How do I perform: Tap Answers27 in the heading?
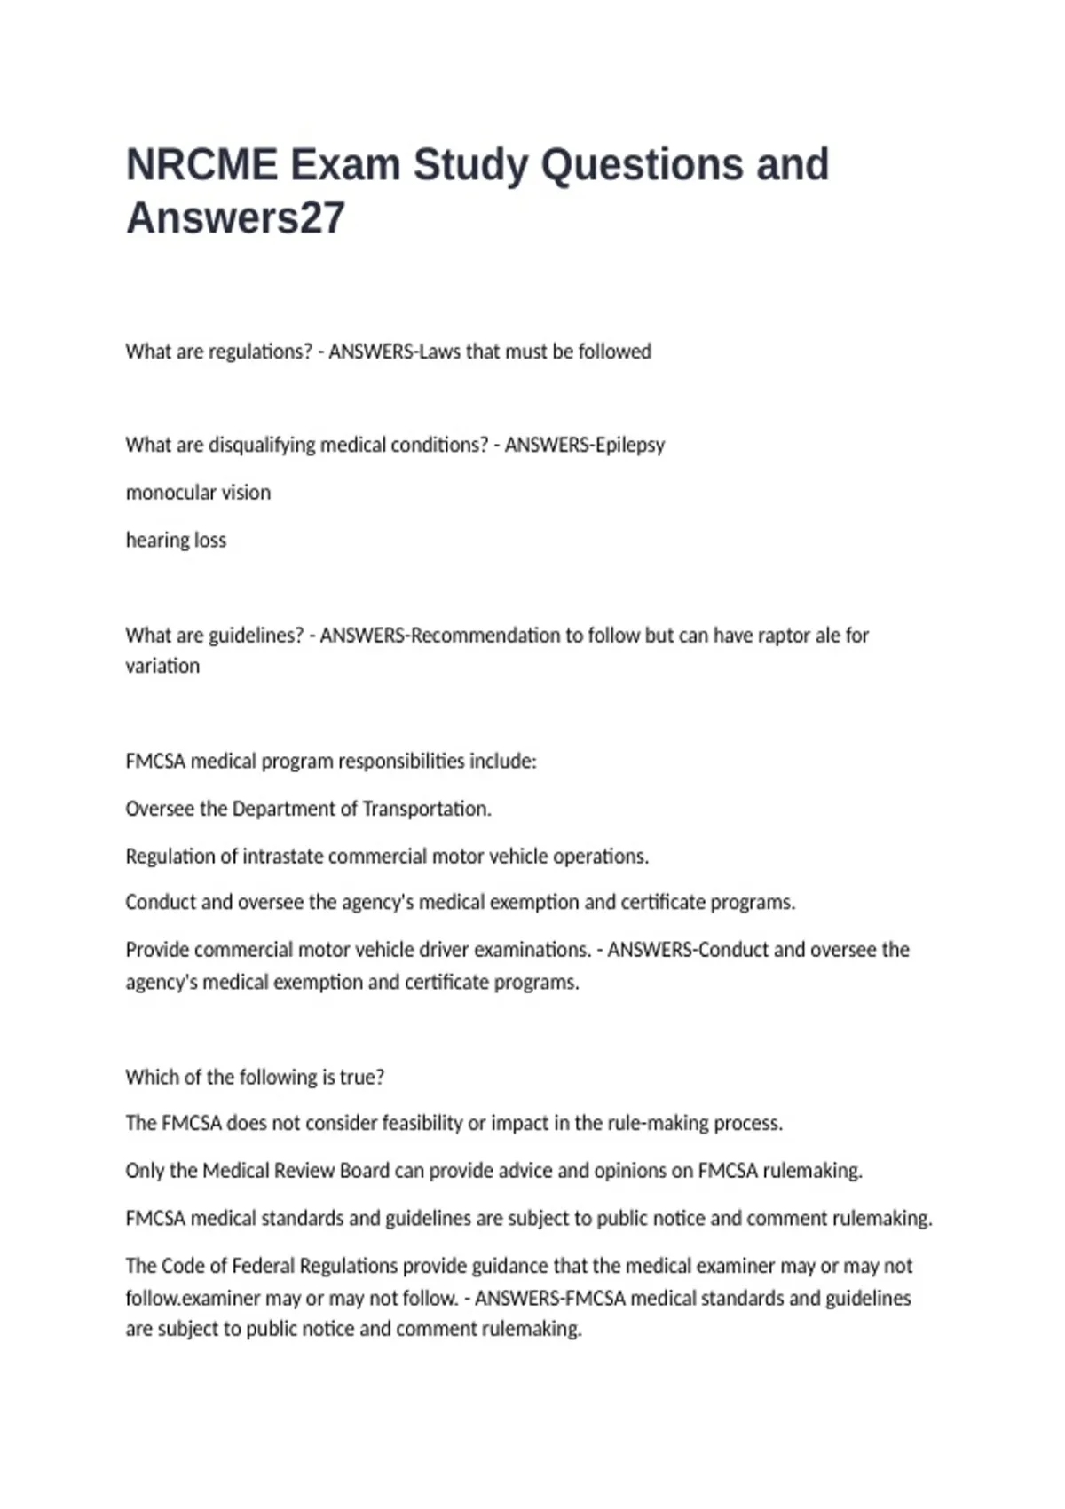[235, 218]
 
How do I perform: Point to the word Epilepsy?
[630, 445]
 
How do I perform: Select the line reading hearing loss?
[176, 540]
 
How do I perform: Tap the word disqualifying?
[262, 445]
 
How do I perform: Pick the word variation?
[162, 666]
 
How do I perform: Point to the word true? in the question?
[362, 1077]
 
